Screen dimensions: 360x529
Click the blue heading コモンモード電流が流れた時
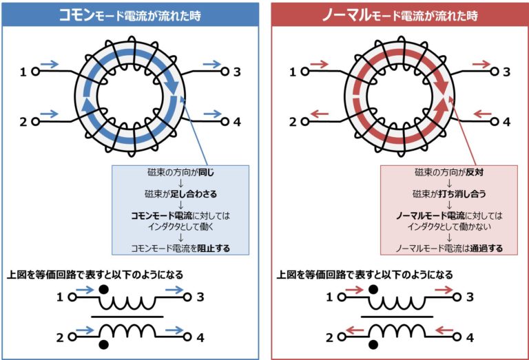pyautogui.click(x=131, y=14)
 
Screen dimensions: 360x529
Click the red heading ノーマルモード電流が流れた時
pyautogui.click(x=400, y=14)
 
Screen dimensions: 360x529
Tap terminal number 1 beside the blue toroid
pyautogui.click(x=23, y=71)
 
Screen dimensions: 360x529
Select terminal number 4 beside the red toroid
pyautogui.click(x=506, y=122)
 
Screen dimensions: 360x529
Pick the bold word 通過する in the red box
pyautogui.click(x=484, y=247)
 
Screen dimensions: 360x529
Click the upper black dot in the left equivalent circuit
pyautogui.click(x=104, y=289)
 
